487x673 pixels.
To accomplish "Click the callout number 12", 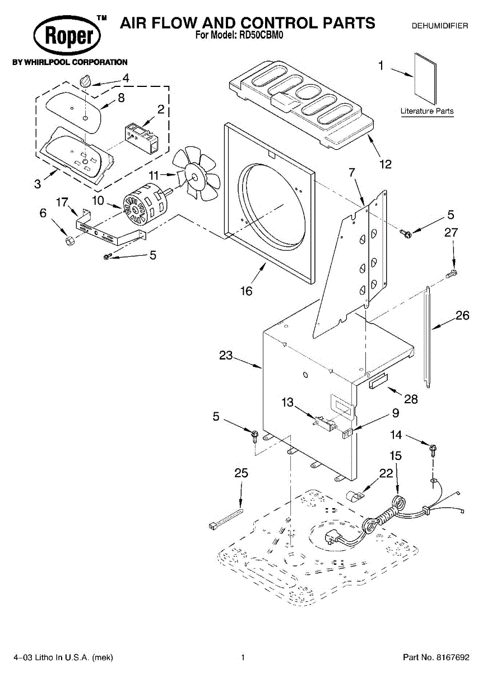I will click(x=385, y=164).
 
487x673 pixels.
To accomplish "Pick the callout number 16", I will click(x=246, y=291).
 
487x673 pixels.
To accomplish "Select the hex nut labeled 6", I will click(x=70, y=242).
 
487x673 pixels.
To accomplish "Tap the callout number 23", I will click(x=226, y=355).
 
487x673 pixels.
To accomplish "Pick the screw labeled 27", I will click(x=452, y=275).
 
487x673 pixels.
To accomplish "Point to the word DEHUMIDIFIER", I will click(x=439, y=26).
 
